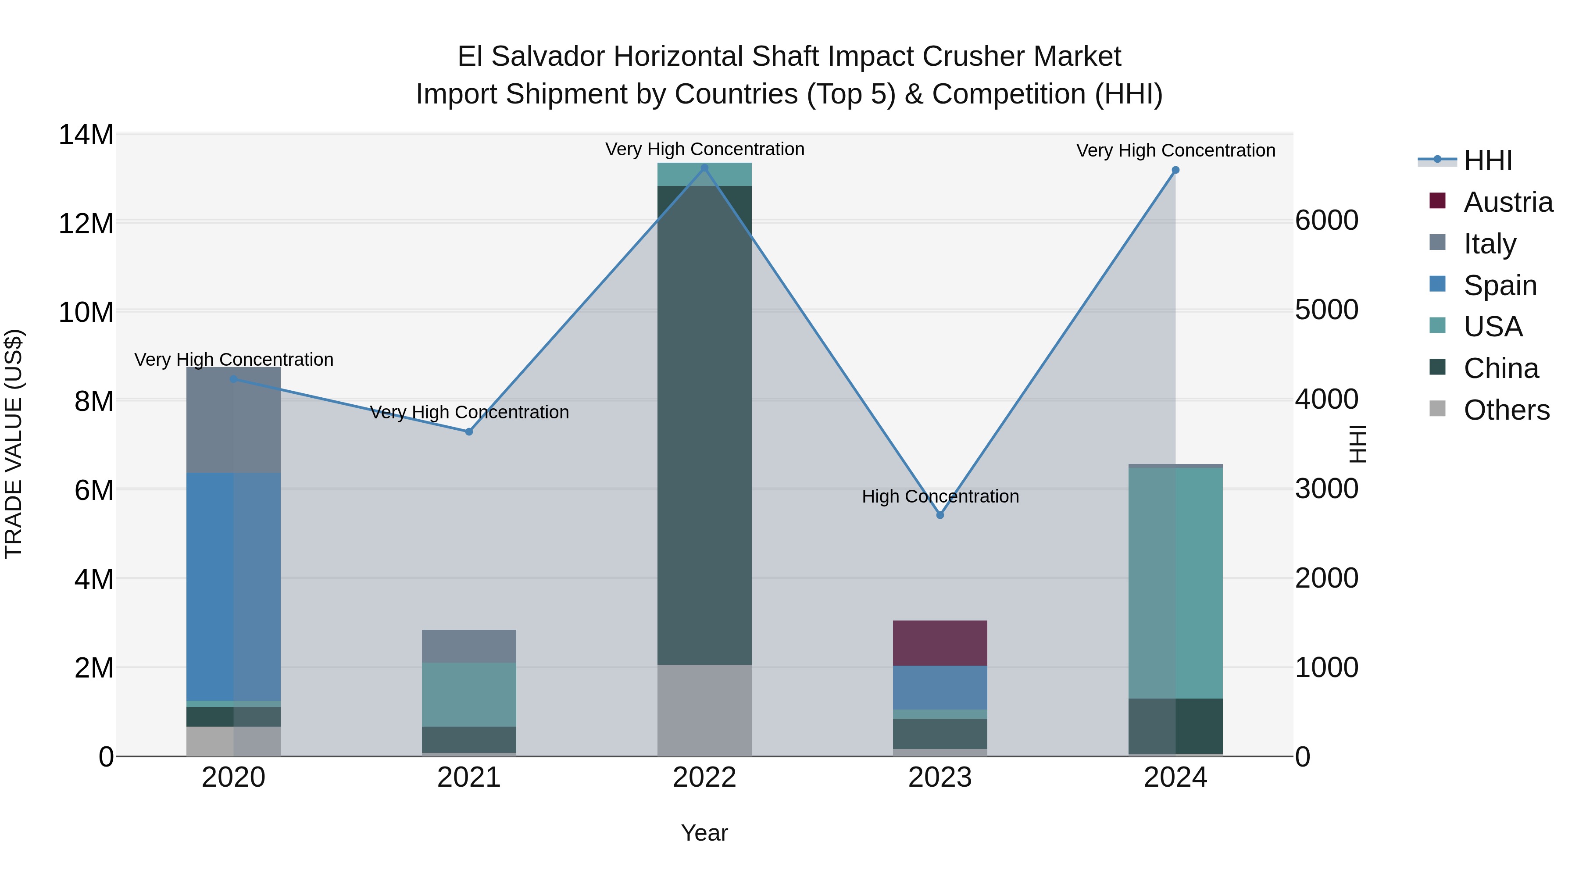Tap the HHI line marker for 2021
(x=469, y=432)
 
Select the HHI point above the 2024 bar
(x=1175, y=171)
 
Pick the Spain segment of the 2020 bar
(x=233, y=586)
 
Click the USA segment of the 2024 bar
(x=1175, y=583)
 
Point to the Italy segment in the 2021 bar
(x=469, y=646)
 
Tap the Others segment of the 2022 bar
(x=704, y=710)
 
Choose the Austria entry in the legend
(x=1508, y=202)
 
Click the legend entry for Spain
(x=1500, y=285)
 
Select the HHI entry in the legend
(x=1488, y=160)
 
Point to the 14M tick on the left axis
(x=86, y=135)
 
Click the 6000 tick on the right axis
(x=1326, y=221)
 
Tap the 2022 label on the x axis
(x=704, y=777)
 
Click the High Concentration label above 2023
(x=940, y=496)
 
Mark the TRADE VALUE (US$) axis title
(x=14, y=444)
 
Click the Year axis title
(x=704, y=833)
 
